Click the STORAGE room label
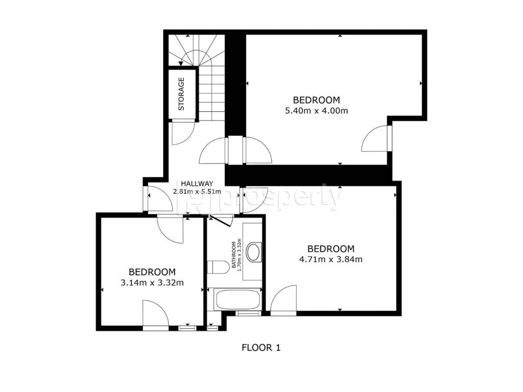(181, 94)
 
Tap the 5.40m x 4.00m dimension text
(317, 111)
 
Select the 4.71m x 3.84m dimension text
(331, 259)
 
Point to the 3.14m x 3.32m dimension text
(152, 283)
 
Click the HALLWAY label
(197, 184)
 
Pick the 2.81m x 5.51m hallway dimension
(197, 192)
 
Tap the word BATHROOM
(234, 255)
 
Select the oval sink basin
(253, 252)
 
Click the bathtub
(237, 300)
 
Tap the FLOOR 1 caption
(261, 348)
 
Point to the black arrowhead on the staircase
(181, 63)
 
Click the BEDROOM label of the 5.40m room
(317, 100)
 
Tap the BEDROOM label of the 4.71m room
(331, 249)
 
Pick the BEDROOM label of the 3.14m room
(152, 273)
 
